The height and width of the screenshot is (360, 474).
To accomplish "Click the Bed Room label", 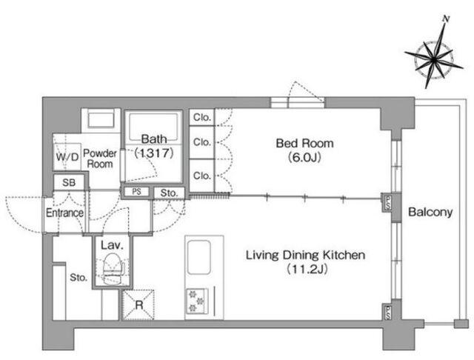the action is coord(304,143).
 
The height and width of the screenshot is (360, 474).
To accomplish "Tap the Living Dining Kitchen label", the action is coord(305,255).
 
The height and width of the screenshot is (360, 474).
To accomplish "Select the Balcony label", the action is coord(430,212).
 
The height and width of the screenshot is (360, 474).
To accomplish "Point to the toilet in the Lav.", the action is coord(112,269).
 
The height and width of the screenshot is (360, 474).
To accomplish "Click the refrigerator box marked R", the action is coord(138,304).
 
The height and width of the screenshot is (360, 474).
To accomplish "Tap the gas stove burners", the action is coord(196,301).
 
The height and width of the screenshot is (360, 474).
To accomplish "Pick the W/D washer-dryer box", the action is coord(67,156).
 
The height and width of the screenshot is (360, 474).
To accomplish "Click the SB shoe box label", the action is coord(69,182).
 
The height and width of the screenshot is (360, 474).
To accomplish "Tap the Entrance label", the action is coord(64,213).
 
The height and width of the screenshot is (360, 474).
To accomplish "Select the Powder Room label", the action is coord(100,159).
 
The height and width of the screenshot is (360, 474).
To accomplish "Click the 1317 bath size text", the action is coord(154,153).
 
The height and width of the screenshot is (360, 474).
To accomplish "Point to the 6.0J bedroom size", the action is coord(304,157).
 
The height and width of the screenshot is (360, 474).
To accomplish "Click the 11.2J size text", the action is coord(306,269).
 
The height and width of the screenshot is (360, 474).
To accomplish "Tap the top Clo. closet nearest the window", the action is coord(201,117).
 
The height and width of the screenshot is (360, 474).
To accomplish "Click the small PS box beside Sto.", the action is coord(136,191).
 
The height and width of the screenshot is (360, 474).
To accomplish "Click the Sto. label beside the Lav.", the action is coord(79,277).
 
